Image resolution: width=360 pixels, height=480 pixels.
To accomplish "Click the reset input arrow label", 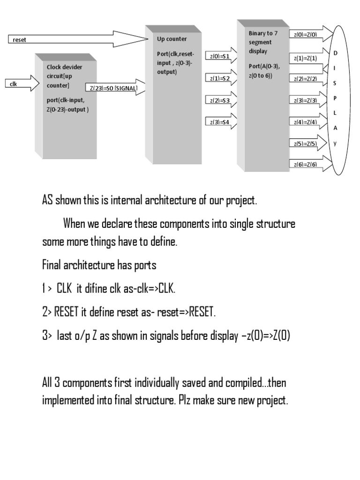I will [20, 40].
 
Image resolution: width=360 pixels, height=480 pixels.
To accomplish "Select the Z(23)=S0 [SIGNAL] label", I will [112, 88].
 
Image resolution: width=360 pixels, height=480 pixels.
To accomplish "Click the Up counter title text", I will [172, 39].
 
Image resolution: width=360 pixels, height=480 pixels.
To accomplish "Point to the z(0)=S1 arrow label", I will [220, 56].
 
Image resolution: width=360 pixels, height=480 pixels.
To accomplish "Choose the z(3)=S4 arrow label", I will [220, 123].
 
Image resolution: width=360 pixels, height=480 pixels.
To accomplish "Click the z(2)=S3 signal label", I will [220, 101].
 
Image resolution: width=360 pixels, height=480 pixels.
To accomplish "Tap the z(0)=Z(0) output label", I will [305, 35].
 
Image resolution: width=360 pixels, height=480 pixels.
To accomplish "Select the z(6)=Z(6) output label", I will [305, 165].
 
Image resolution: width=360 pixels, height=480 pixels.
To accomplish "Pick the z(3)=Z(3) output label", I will [305, 100].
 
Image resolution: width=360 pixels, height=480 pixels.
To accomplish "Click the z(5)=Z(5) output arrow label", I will [305, 144].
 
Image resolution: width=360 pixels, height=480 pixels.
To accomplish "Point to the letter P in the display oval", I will [335, 98].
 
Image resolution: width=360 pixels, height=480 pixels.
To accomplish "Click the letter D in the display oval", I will [335, 53].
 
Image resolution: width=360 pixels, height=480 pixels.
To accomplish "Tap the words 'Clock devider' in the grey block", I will [64, 67].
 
